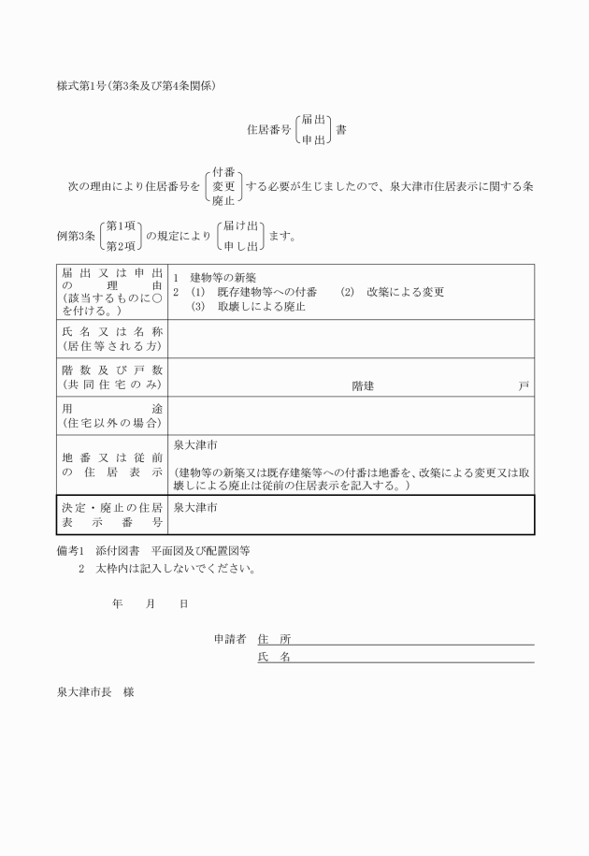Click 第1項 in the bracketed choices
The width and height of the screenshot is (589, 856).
click(x=122, y=226)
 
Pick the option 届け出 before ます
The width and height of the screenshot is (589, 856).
click(x=242, y=226)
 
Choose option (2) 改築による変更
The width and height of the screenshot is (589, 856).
click(x=392, y=292)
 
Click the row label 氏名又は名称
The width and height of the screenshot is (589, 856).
click(x=111, y=332)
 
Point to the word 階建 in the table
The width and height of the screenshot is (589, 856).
click(x=363, y=385)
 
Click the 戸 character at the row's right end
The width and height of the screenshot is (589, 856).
click(x=524, y=385)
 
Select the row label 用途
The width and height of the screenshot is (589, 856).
click(x=111, y=409)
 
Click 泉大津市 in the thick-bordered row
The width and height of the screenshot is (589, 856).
click(x=195, y=506)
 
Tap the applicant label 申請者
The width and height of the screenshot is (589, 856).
click(x=229, y=639)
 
